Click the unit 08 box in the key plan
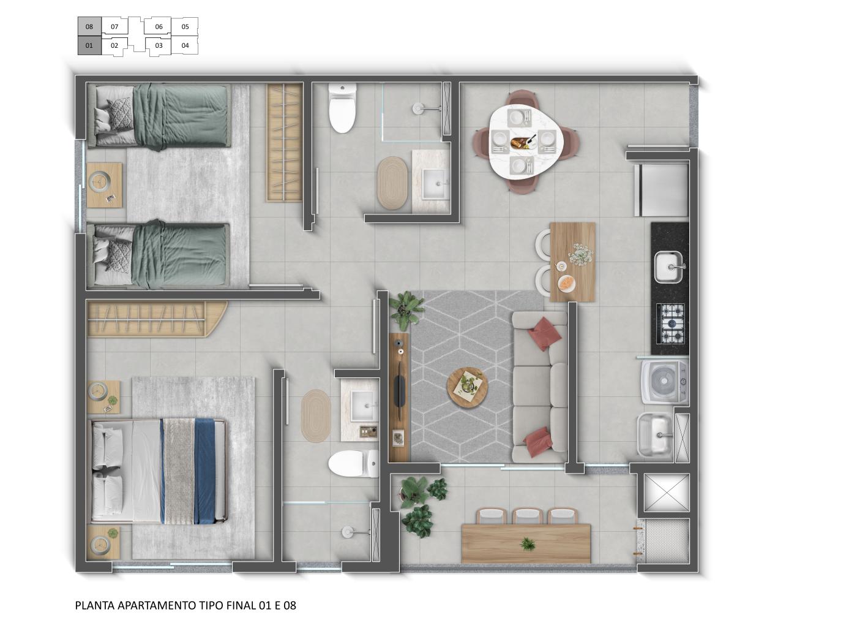[x=89, y=26]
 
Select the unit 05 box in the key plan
[x=185, y=26]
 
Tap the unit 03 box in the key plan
[x=159, y=45]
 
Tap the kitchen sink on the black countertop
[x=669, y=267]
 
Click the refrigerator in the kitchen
[x=664, y=189]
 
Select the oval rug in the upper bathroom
[x=392, y=183]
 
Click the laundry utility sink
[x=655, y=434]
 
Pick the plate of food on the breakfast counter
[x=567, y=283]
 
